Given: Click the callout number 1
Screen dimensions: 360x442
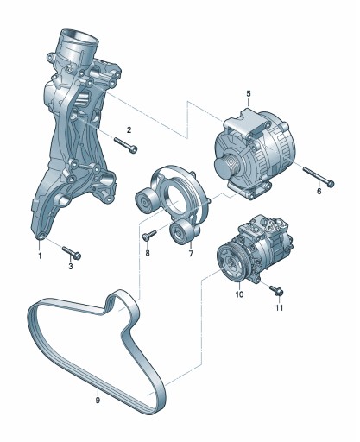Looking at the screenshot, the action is (x=40, y=256).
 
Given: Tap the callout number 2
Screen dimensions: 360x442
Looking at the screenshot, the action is (x=129, y=130).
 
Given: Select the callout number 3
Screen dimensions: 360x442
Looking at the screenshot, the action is (x=71, y=267).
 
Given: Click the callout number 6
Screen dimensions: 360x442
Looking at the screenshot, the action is (x=319, y=191).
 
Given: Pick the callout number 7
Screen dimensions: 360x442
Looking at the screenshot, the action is (x=191, y=254).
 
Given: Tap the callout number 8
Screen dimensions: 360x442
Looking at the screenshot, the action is (x=148, y=253).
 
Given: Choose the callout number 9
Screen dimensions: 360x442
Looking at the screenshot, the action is (x=98, y=400).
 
